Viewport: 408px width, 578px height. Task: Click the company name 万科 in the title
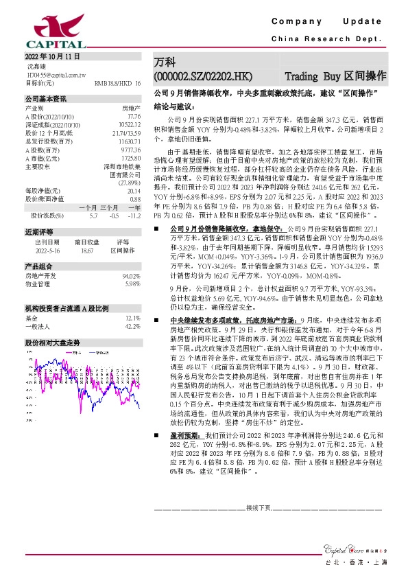164,62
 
